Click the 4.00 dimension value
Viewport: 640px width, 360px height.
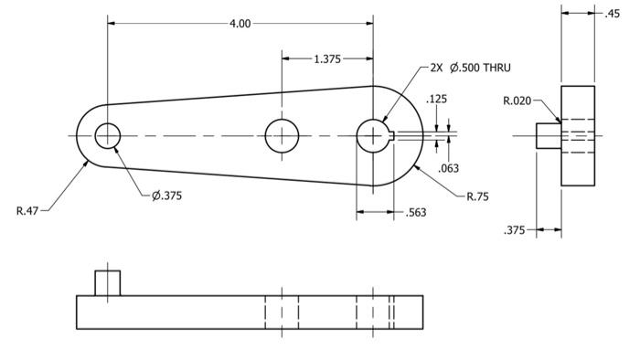pyautogui.click(x=240, y=24)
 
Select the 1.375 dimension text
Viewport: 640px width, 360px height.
pyautogui.click(x=327, y=59)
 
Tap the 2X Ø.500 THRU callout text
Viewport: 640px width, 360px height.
pyautogui.click(x=470, y=68)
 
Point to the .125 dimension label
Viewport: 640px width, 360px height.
pyautogui.click(x=436, y=99)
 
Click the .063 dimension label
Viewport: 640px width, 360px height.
pyautogui.click(x=448, y=168)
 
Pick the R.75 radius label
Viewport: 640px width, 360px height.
pyautogui.click(x=477, y=196)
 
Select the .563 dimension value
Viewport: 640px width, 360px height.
pyautogui.click(x=416, y=212)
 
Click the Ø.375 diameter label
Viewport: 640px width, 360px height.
pyautogui.click(x=167, y=196)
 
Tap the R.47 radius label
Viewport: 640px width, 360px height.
pyautogui.click(x=27, y=211)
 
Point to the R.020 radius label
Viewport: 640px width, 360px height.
pyautogui.click(x=517, y=101)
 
